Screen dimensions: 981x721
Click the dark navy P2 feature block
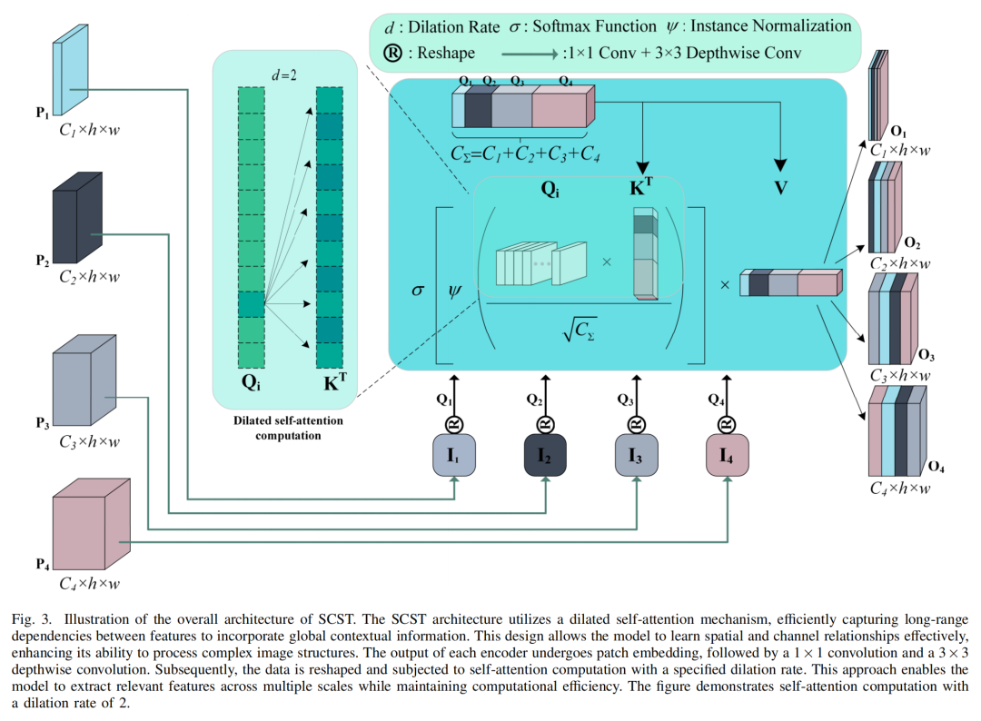(x=77, y=218)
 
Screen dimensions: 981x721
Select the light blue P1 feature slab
(x=70, y=70)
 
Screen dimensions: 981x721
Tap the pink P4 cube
(x=92, y=524)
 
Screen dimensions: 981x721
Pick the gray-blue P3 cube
(x=84, y=380)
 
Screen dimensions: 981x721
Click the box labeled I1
(x=454, y=455)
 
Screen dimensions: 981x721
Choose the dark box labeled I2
(x=545, y=455)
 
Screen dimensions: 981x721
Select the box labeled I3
(x=636, y=455)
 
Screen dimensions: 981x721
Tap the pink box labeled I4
(x=727, y=455)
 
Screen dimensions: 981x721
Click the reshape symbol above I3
(x=636, y=425)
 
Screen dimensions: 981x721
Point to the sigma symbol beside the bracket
(x=417, y=291)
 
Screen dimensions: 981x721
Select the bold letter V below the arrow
(x=781, y=187)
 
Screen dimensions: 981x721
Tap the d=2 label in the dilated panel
(x=284, y=75)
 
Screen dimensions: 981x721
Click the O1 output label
(x=898, y=132)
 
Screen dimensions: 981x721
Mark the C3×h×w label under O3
(x=899, y=375)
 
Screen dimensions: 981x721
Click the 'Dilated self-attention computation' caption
(x=289, y=428)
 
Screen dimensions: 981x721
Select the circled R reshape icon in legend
(x=393, y=53)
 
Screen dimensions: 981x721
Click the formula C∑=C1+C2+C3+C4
(x=526, y=153)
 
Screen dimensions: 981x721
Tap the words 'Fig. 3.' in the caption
(x=31, y=619)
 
